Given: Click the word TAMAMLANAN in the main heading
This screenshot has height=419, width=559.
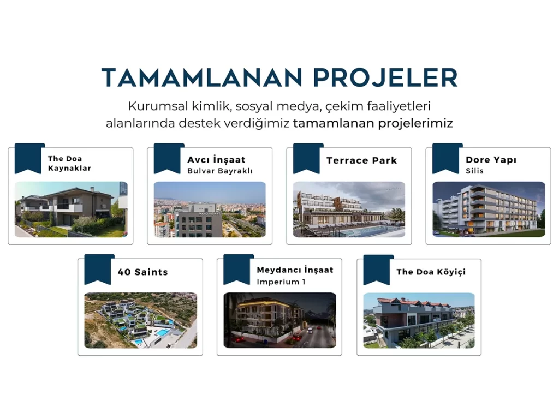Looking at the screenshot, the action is tap(202, 77).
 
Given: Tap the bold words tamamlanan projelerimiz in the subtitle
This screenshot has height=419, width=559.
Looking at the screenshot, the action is tap(373, 123).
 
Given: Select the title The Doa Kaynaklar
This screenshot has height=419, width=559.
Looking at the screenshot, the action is tap(69, 163).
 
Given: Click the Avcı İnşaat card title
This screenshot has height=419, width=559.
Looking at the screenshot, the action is tap(216, 160).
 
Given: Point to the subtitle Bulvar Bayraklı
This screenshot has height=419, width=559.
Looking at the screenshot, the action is tap(220, 171).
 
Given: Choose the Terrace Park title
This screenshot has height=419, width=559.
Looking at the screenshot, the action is tap(361, 161).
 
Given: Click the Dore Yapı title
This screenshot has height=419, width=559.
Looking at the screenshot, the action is tap(491, 160).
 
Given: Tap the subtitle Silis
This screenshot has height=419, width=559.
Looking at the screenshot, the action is tap(474, 171).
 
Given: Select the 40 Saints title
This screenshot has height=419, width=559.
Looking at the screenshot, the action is tap(142, 272).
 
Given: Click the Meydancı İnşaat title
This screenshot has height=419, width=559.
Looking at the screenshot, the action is tap(295, 270).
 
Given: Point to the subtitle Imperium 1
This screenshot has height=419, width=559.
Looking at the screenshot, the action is tap(281, 282).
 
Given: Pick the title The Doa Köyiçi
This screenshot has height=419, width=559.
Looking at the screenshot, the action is tap(431, 272).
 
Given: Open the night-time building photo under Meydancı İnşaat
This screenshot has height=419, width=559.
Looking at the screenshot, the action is tap(280, 320).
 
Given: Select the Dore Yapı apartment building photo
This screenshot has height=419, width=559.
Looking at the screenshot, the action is tap(489, 209).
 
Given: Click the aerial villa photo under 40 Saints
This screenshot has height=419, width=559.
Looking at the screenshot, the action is tap(140, 320).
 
